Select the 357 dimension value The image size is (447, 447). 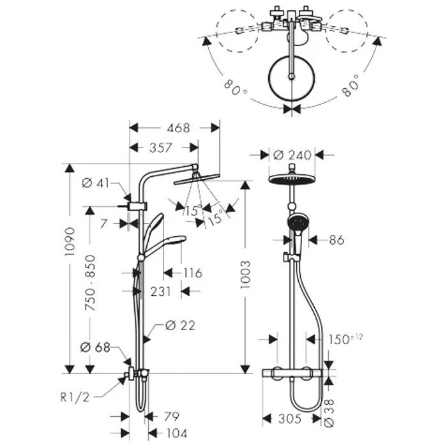pyautogui.click(x=160, y=148)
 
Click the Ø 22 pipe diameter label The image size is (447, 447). pyautogui.click(x=179, y=326)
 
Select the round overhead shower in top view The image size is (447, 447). pyautogui.click(x=292, y=77)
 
